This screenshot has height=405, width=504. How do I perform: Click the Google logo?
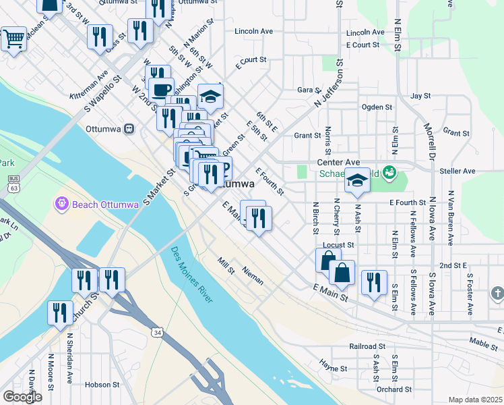pyautogui.click(x=22, y=397)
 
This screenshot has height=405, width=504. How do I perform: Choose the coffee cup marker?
pyautogui.click(x=160, y=89)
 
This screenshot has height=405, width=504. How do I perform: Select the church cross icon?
pyautogui.click(x=497, y=293)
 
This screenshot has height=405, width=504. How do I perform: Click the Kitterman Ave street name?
pyautogui.click(x=89, y=85)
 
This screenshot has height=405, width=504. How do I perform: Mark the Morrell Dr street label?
pyautogui.click(x=427, y=138)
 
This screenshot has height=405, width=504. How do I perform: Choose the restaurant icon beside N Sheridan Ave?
pyautogui.click(x=60, y=312)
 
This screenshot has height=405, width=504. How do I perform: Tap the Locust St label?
pyautogui.click(x=339, y=244)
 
